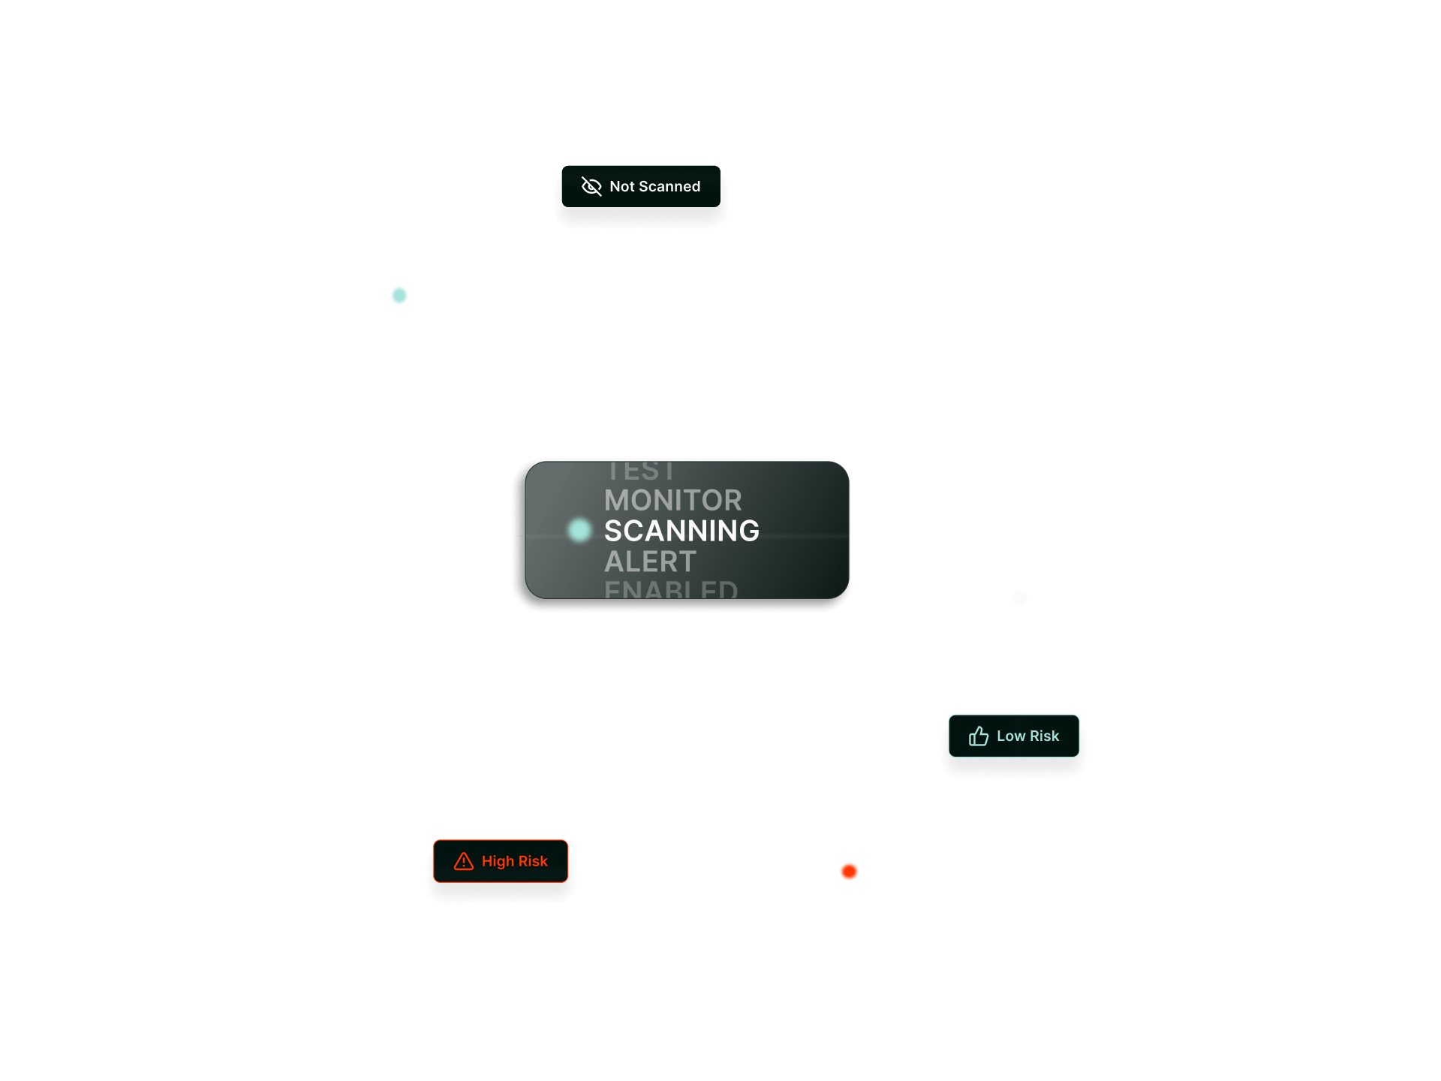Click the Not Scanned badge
[x=641, y=186]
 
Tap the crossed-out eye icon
[x=591, y=186]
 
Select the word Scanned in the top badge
[x=669, y=186]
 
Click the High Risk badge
[x=501, y=861]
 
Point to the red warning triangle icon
[x=464, y=861]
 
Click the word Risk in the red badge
[x=533, y=861]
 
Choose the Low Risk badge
[x=1013, y=736]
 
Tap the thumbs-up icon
[x=978, y=736]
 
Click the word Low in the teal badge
[x=1011, y=736]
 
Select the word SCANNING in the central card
[x=681, y=531]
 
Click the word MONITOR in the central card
[x=672, y=500]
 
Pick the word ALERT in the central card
[x=650, y=562]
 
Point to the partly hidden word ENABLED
[x=671, y=590]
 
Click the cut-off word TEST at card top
[x=641, y=471]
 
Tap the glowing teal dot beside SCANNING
[x=579, y=530]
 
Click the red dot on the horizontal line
[x=849, y=872]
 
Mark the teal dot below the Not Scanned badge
[x=399, y=296]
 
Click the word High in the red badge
[x=498, y=861]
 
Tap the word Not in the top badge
[x=621, y=186]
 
